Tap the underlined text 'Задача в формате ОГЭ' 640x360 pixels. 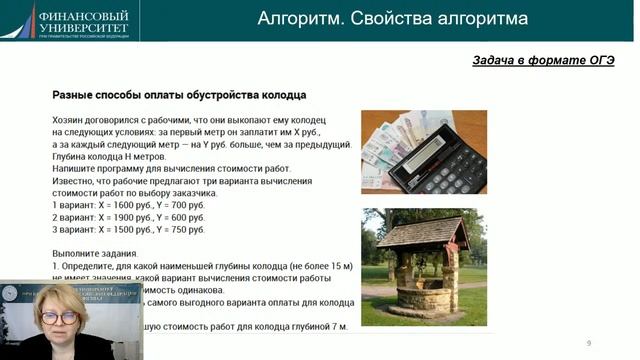point(543,60)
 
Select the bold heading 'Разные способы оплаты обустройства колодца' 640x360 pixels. point(178,96)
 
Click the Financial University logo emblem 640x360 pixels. point(18,17)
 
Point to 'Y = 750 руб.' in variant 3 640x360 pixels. point(162,229)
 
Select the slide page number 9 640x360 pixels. point(589,343)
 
